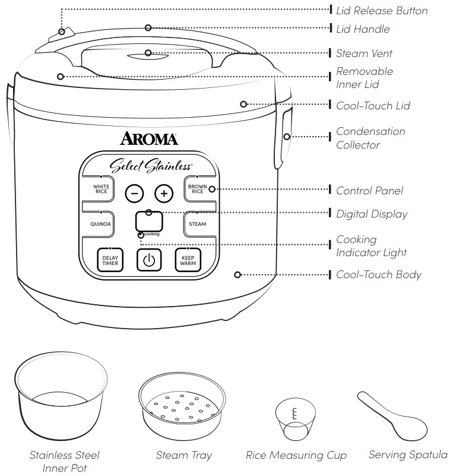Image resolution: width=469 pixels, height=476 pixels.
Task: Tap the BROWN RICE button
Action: click(198, 190)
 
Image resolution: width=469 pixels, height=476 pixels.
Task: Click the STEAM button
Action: click(198, 224)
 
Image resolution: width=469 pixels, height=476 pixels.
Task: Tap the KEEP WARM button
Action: click(188, 260)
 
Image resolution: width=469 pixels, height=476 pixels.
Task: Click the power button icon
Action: click(149, 260)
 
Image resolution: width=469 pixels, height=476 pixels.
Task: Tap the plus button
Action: click(164, 193)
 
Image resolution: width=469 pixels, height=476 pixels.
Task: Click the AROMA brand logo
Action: click(149, 139)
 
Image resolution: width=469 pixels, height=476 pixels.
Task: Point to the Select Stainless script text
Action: click(150, 166)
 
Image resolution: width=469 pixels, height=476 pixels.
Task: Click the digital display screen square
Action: click(149, 222)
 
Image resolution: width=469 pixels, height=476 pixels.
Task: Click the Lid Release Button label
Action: click(381, 11)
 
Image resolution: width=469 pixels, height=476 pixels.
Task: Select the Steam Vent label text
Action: click(364, 53)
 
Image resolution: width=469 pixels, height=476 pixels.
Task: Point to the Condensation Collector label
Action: click(370, 138)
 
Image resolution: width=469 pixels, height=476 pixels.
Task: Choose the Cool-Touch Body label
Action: click(378, 275)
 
